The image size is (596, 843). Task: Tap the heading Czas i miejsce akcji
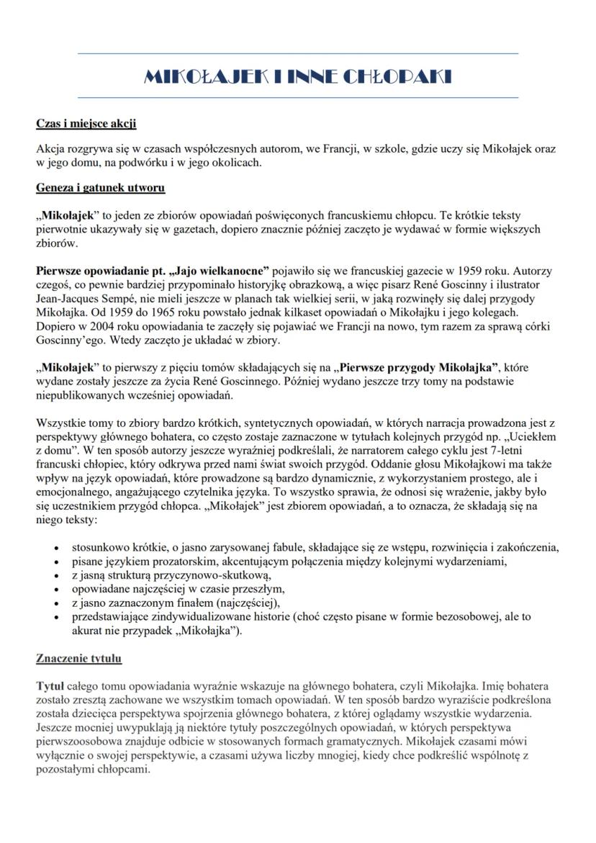pos(86,123)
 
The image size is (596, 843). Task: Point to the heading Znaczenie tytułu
pos(79,658)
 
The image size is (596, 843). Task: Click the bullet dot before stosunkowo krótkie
pos(57,547)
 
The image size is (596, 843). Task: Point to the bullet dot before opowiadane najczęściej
pos(57,590)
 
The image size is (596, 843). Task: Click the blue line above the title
pos(298,53)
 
